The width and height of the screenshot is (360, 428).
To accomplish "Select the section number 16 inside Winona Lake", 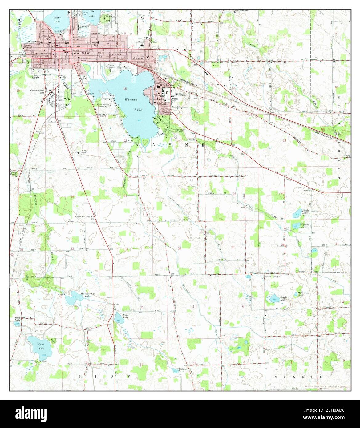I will click(125, 89).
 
